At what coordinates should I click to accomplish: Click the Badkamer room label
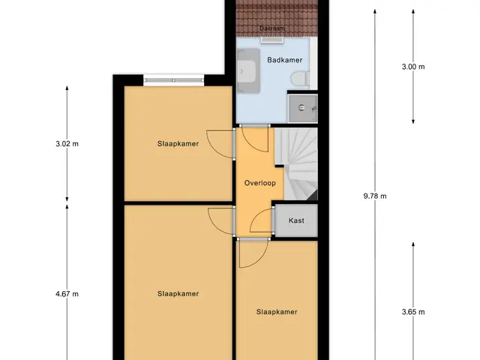(285, 60)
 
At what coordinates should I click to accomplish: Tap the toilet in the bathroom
(300, 78)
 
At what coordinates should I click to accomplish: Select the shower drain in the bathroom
(301, 107)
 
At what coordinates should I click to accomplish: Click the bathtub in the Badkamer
(248, 71)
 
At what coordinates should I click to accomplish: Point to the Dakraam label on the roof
(272, 28)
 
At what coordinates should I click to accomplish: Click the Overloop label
(260, 183)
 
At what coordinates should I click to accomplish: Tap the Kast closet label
(296, 220)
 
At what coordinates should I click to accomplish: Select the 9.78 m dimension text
(375, 196)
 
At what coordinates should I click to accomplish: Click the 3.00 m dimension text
(413, 67)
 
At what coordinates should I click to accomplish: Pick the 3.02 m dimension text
(67, 143)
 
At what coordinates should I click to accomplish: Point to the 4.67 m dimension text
(67, 294)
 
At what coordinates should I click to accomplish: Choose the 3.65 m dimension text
(413, 312)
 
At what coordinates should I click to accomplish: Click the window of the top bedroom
(173, 80)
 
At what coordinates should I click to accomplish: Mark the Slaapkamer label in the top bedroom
(178, 143)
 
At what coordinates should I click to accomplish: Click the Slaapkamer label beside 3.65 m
(277, 312)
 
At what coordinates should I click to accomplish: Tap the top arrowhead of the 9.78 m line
(375, 12)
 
